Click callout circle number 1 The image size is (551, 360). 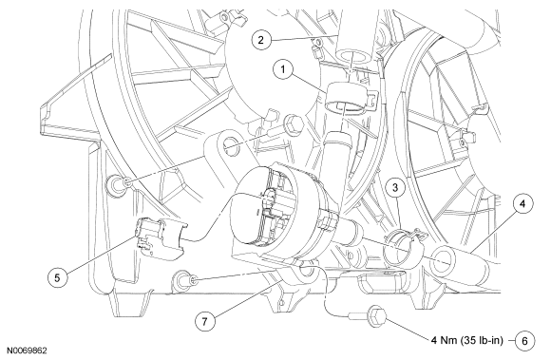pyautogui.click(x=283, y=69)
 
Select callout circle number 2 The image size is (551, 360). pyautogui.click(x=260, y=39)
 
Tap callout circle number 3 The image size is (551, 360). pyautogui.click(x=395, y=187)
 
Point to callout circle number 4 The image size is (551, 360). pyautogui.click(x=522, y=203)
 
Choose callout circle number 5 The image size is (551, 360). pyautogui.click(x=57, y=277)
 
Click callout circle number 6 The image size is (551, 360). pyautogui.click(x=524, y=341)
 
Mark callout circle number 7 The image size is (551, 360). pyautogui.click(x=205, y=321)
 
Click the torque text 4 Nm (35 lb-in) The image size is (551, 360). pyautogui.click(x=467, y=340)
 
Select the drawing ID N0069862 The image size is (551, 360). pyautogui.click(x=28, y=351)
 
